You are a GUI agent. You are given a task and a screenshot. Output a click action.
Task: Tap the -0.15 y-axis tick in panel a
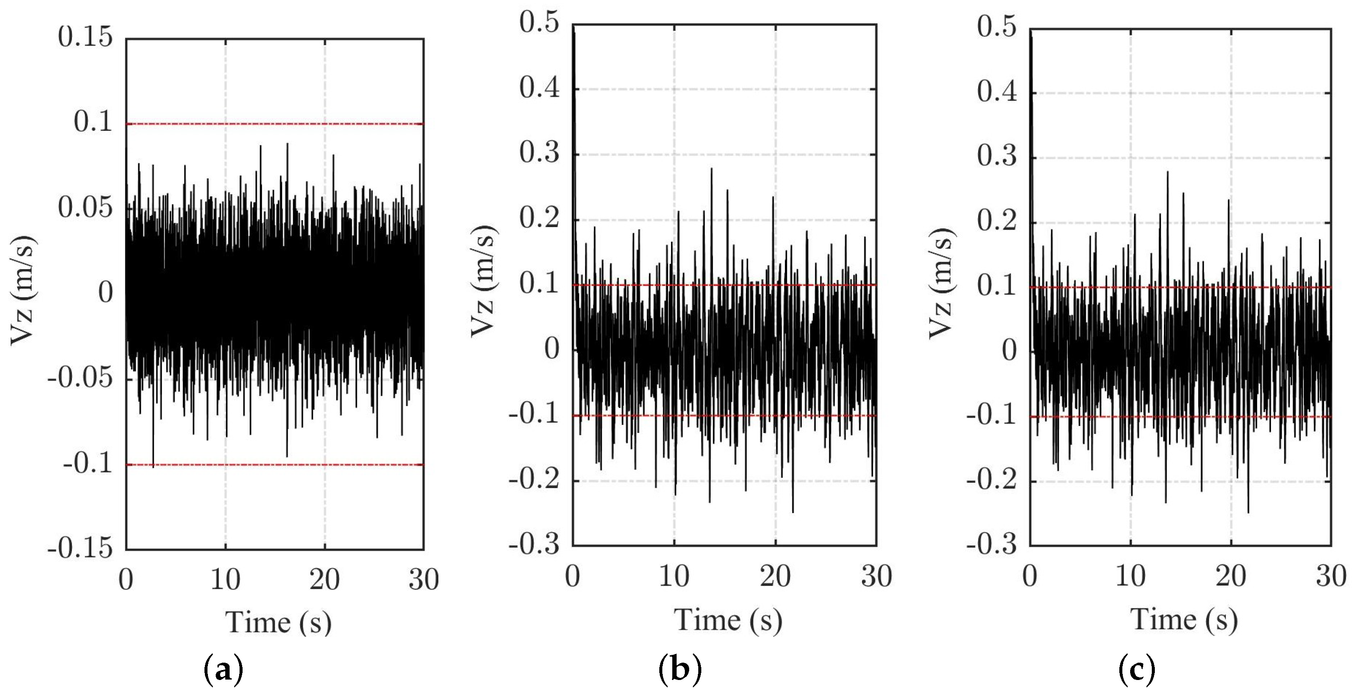(80, 549)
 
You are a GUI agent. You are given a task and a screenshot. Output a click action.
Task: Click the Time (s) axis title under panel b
(728, 620)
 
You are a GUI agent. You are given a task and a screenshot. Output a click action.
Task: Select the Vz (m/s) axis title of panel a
(23, 291)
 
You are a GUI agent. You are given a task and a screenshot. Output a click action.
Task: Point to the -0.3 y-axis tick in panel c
(991, 544)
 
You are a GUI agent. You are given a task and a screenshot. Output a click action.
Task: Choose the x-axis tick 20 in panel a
(324, 580)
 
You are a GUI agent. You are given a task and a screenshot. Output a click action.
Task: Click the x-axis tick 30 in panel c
(1331, 576)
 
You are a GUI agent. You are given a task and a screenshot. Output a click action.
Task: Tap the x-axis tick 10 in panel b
(674, 576)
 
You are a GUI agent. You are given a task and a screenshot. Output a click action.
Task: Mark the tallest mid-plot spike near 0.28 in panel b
(711, 169)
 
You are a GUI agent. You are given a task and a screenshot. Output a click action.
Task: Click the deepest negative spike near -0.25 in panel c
(1248, 511)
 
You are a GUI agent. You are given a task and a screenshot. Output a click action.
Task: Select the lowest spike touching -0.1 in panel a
(153, 466)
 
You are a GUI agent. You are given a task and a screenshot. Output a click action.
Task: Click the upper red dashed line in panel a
(274, 124)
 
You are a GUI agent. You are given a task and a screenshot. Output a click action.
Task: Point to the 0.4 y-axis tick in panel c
(996, 92)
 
